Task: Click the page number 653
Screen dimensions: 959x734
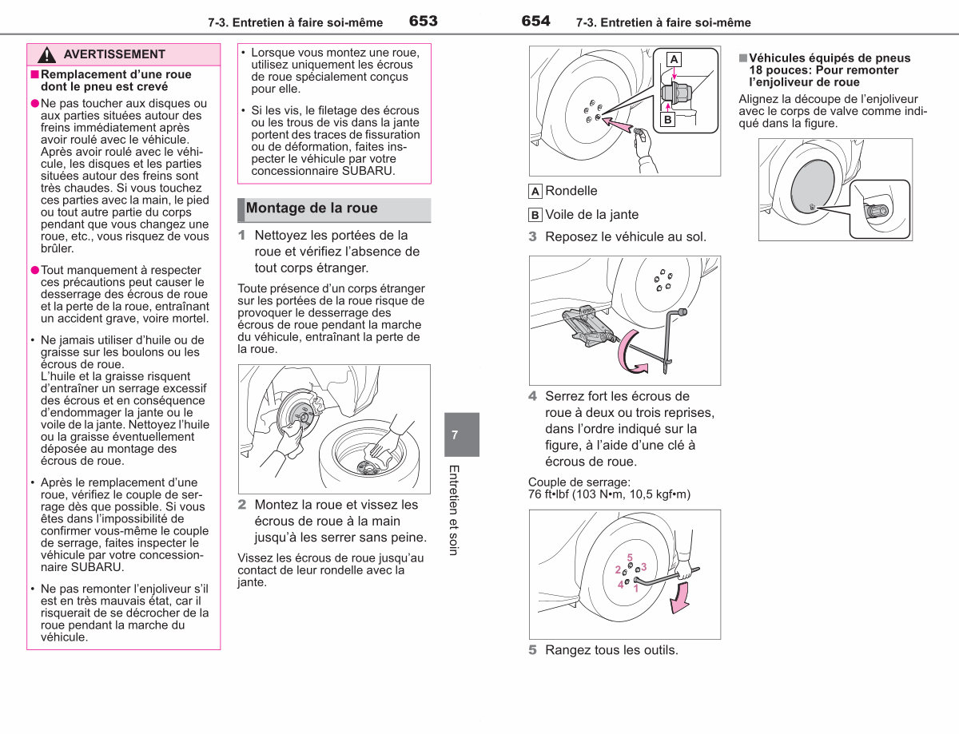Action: coord(424,21)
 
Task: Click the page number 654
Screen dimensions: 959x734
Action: coord(535,21)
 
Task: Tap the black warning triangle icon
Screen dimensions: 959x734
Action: coord(46,54)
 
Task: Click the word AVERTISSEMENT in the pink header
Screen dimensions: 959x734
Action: coord(114,54)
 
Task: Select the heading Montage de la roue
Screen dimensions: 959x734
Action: coord(312,208)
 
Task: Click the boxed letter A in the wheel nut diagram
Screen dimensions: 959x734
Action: coord(674,59)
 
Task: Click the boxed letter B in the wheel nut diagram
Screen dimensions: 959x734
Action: coord(668,120)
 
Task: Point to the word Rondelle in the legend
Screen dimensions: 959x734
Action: coord(571,191)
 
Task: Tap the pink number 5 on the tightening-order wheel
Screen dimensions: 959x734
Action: coord(630,557)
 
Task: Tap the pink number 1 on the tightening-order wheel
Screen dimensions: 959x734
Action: coord(636,589)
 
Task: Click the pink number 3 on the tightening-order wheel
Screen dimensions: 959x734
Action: coord(644,567)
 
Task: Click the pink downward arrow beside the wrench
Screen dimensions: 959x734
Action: coord(680,598)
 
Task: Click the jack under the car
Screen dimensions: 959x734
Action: coord(586,326)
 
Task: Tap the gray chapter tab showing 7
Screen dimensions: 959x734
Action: coord(462,434)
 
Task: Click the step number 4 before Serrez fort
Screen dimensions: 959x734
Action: coord(533,396)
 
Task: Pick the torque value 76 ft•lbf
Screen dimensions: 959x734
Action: coord(548,494)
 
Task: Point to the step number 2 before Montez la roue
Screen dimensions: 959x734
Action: coord(242,505)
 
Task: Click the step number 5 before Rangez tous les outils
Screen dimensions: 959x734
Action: coord(533,650)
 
